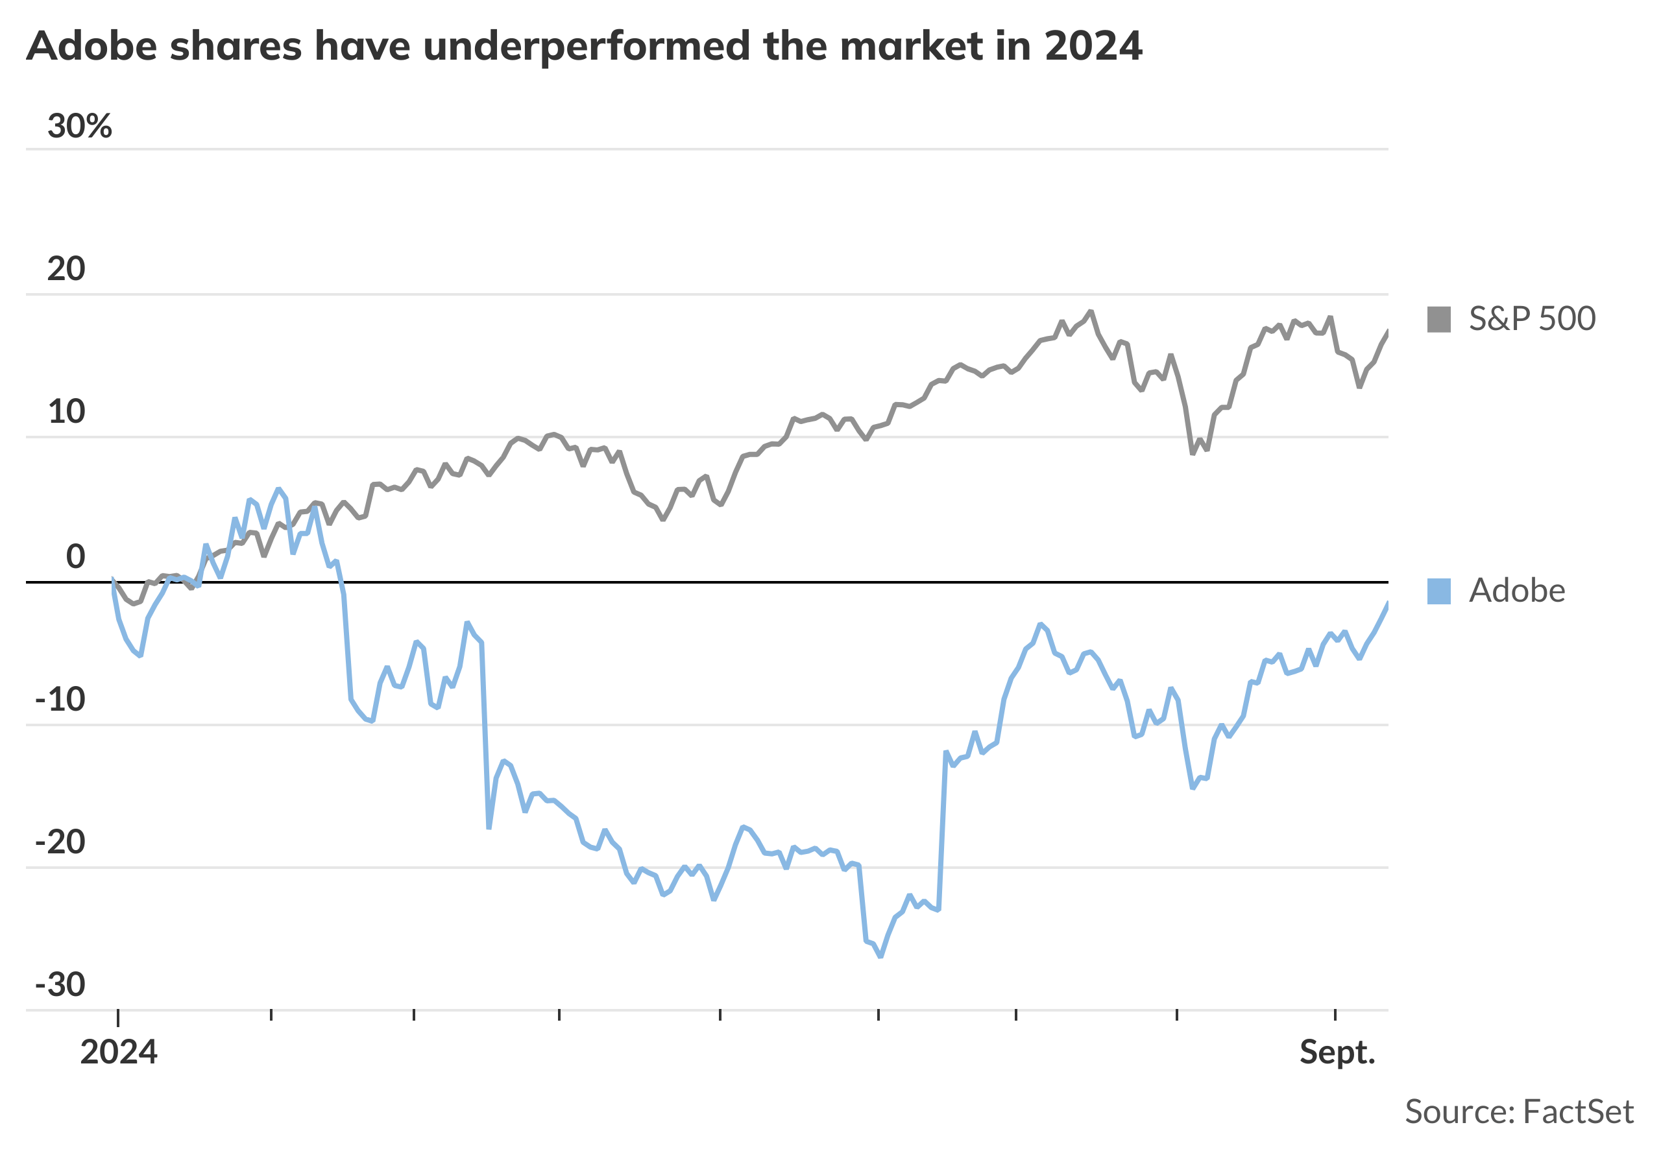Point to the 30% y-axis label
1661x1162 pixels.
(x=80, y=126)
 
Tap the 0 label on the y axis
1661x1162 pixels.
(x=75, y=557)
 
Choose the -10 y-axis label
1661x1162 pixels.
(x=60, y=699)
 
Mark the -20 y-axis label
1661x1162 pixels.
(x=60, y=842)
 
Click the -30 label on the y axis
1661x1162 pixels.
(x=60, y=984)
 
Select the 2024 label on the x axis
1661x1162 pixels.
(x=119, y=1053)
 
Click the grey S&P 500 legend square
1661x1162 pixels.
(x=1439, y=320)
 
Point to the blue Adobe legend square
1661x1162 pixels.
(x=1439, y=591)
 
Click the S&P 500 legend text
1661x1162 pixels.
(x=1533, y=319)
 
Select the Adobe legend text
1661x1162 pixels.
(x=1517, y=591)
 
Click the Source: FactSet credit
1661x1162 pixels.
(x=1519, y=1112)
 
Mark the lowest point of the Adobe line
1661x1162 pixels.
(x=880, y=956)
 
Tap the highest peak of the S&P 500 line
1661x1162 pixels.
(x=1090, y=312)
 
